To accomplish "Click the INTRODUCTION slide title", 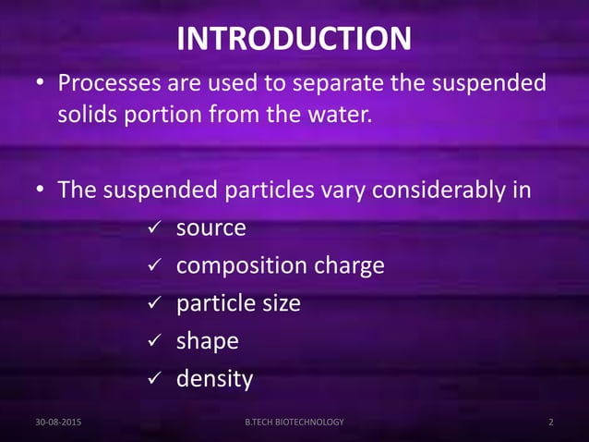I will [x=294, y=39].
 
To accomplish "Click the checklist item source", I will [x=211, y=227].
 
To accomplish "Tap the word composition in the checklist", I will [x=236, y=266].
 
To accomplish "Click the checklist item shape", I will [x=208, y=341].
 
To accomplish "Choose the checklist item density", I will [x=214, y=379].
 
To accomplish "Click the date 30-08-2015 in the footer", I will [x=57, y=422].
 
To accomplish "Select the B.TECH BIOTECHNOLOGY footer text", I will [x=294, y=422].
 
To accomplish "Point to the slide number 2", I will [x=550, y=422].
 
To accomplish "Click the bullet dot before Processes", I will [x=41, y=86].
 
